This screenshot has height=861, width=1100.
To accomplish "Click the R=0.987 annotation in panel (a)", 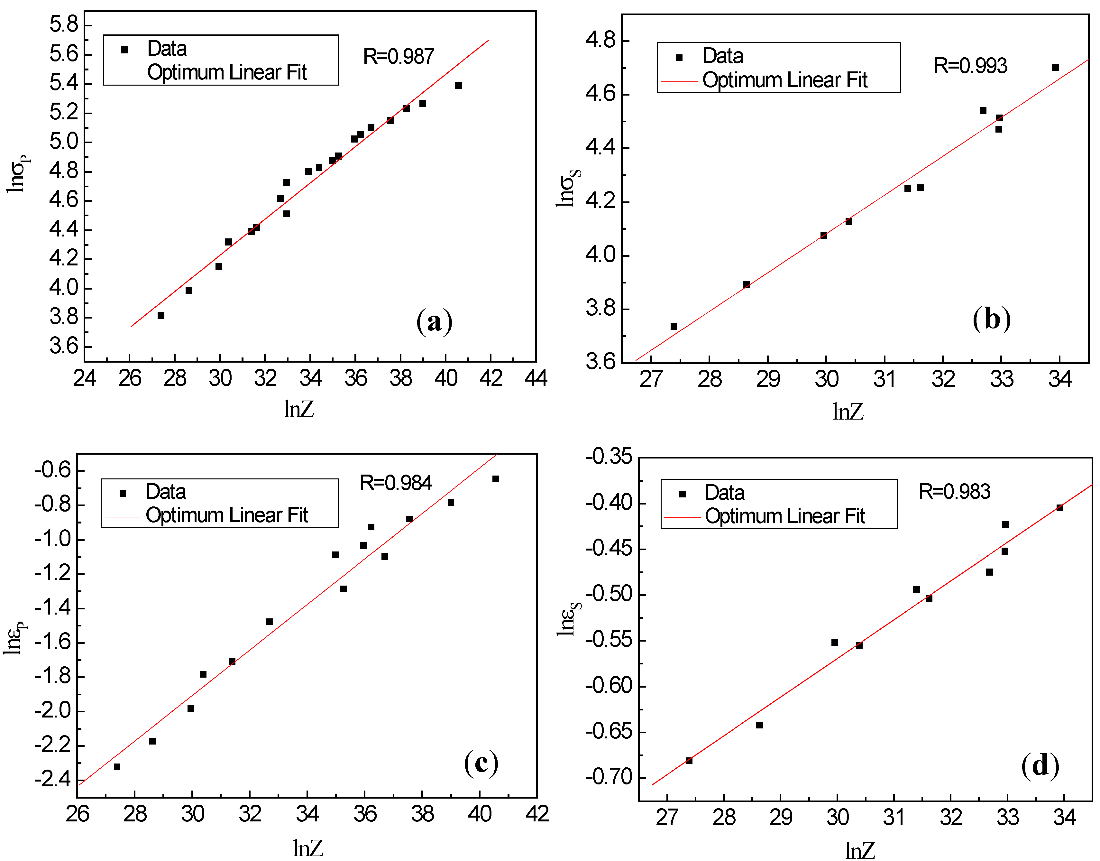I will coord(398,56).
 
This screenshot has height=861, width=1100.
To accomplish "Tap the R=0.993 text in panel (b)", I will coord(970,66).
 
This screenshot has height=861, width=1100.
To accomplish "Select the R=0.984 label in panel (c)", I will coord(396,483).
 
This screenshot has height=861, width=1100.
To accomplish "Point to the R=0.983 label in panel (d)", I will coord(954,492).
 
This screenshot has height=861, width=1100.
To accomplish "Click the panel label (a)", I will coord(434,322).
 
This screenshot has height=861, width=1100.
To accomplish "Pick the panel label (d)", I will coord(1040,766).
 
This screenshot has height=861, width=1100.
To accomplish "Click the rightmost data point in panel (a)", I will coord(458,86).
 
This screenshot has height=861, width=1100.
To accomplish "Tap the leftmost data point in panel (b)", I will coord(674,326).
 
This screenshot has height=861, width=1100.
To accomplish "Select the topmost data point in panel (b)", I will coord(1055,68).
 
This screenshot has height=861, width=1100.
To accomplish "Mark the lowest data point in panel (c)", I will coord(117,767).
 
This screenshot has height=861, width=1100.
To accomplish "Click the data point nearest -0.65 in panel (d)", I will coord(759,725).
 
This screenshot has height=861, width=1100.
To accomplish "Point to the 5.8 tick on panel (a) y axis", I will coord(64,24).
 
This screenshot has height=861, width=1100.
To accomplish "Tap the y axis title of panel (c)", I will coord(15,637).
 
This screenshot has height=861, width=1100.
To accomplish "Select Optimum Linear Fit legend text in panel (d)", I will coord(784,516).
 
